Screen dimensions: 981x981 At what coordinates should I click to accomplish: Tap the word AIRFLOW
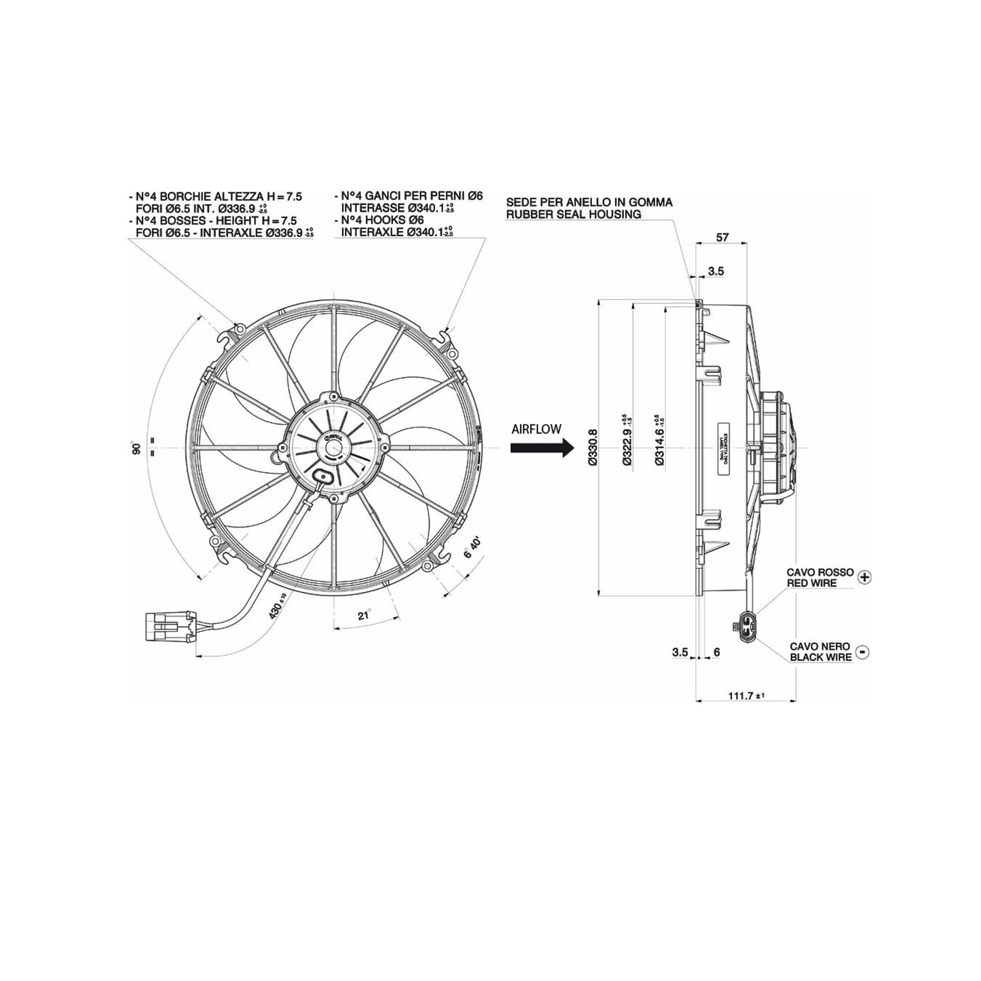pos(536,429)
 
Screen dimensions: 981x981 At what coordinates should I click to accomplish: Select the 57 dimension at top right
pos(722,237)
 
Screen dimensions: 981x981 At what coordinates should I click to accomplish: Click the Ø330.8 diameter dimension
pos(592,447)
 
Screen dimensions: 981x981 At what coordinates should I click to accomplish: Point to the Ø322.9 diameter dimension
pos(627,447)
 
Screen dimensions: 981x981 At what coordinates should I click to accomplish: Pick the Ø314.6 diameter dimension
pos(659,447)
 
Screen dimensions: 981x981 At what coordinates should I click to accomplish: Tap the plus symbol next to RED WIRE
pos(864,577)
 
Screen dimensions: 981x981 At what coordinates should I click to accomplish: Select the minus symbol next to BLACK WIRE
pos(862,652)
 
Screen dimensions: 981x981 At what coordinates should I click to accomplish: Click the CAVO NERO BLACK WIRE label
pos(820,652)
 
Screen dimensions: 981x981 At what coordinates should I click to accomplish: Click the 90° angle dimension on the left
pos(136,449)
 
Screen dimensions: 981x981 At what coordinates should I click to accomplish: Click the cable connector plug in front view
pos(169,625)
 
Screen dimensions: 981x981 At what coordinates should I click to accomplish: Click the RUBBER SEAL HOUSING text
pos(573,215)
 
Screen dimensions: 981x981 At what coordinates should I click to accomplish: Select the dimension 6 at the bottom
pos(717,652)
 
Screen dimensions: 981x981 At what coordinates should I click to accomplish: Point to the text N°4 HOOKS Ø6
pos(382,221)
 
